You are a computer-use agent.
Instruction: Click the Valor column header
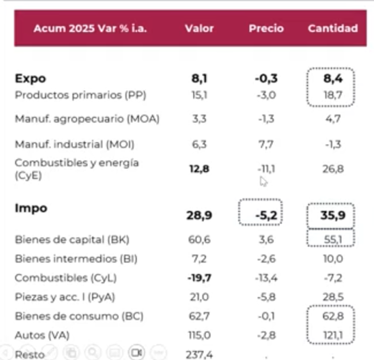click(x=199, y=29)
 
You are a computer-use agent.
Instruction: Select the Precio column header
click(x=266, y=29)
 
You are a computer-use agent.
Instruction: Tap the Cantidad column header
click(x=333, y=29)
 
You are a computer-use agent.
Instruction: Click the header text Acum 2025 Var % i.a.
click(x=90, y=29)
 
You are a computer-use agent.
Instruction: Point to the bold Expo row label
click(x=30, y=79)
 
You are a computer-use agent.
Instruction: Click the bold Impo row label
click(x=31, y=208)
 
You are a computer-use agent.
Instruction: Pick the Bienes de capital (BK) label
click(x=72, y=240)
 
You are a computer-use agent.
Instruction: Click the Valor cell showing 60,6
click(x=199, y=240)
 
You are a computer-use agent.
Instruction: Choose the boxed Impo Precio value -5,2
click(x=266, y=216)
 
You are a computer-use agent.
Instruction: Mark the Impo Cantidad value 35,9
click(x=333, y=216)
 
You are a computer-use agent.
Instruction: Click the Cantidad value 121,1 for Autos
click(x=333, y=335)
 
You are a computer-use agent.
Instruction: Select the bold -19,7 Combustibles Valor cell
click(x=199, y=278)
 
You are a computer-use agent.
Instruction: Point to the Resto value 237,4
click(x=199, y=354)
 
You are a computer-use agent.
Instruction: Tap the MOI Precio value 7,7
click(x=266, y=145)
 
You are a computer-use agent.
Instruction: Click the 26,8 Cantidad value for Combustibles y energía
click(x=333, y=168)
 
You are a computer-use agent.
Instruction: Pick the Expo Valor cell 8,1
click(x=199, y=79)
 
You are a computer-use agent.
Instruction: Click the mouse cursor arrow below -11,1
click(x=263, y=182)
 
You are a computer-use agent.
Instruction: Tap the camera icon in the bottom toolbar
click(x=136, y=352)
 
